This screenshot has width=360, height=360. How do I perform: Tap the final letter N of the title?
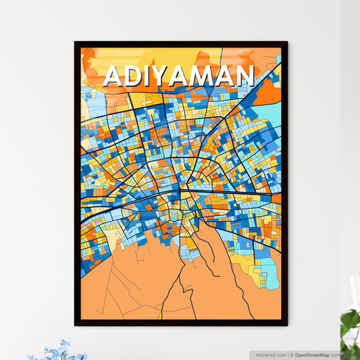(x=243, y=76)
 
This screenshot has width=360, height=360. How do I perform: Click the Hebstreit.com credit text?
(x=269, y=355)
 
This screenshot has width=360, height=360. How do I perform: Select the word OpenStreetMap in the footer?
(x=311, y=355)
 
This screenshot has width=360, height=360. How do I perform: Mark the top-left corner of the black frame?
(x=76, y=43)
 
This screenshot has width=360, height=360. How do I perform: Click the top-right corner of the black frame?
(x=286, y=43)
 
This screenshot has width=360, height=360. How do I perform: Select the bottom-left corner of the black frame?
(x=76, y=325)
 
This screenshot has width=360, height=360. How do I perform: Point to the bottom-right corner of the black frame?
(x=286, y=325)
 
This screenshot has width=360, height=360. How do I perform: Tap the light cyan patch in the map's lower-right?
(x=269, y=274)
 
